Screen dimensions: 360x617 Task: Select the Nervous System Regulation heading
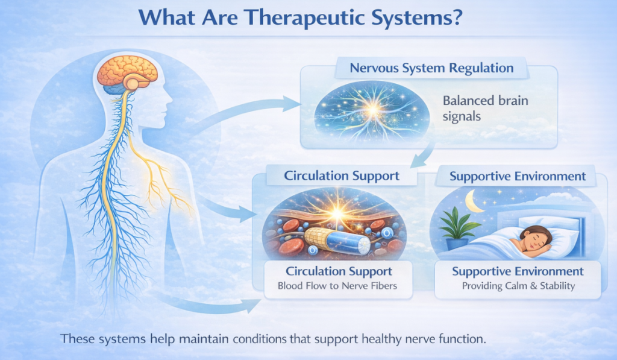tap(431, 68)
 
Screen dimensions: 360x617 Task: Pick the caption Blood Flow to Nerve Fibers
tap(337, 286)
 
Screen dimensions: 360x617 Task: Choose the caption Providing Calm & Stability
tap(518, 286)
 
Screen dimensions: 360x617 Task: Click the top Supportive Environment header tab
tap(518, 177)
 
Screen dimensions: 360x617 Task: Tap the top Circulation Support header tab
tap(342, 177)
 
